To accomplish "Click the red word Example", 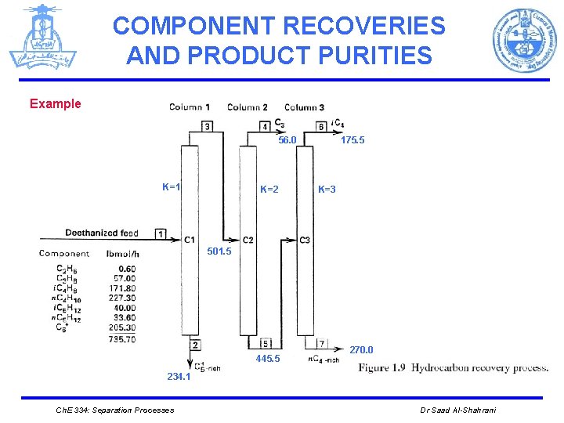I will coord(55,104).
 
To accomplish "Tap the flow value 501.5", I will coord(219,251).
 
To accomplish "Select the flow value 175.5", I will coord(352,140).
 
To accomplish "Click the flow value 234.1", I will coord(178,377).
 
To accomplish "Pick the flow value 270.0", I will coord(361,350).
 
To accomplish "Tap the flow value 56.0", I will coord(287,140).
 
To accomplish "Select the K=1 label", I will coord(172,187).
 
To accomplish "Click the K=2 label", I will coord(269,190).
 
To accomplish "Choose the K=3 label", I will coord(327,190).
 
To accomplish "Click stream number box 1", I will coord(161,233).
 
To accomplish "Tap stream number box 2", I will coord(193,345).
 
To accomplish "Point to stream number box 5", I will coord(266,343).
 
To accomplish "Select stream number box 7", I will coord(322,343).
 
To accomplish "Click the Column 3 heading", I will coord(304,107).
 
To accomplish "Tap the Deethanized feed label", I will coord(102,233).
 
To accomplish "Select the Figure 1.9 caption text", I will coord(453,367).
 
